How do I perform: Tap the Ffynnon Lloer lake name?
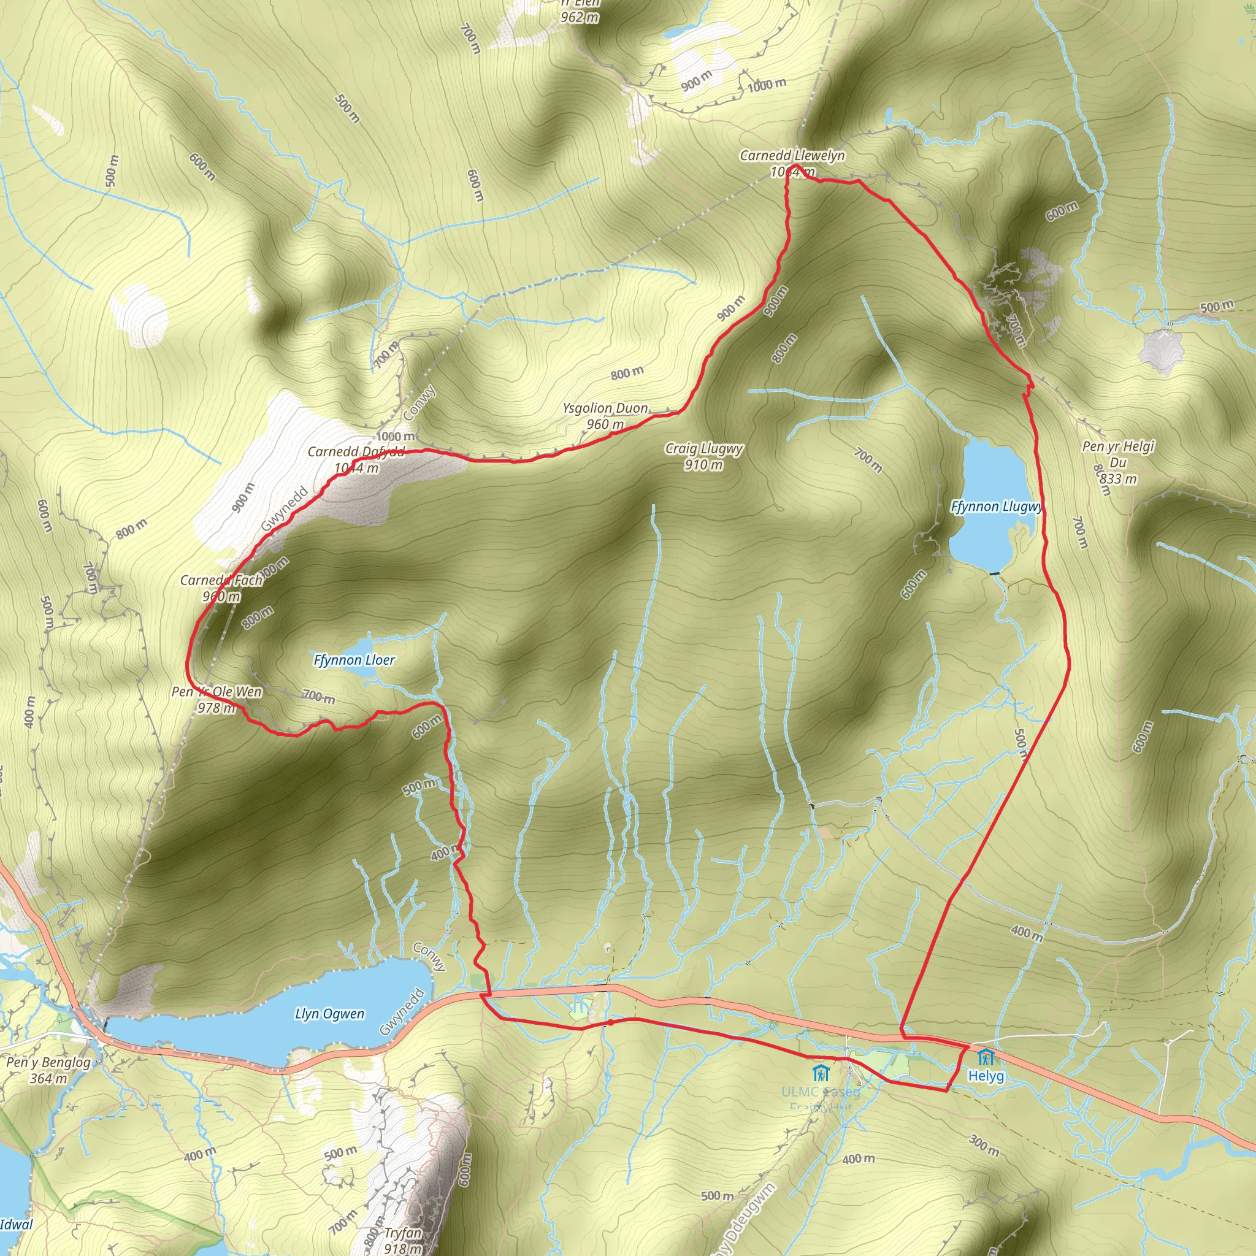pyautogui.click(x=354, y=661)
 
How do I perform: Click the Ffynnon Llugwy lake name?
pyautogui.click(x=996, y=507)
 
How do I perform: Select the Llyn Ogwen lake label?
pyautogui.click(x=329, y=1014)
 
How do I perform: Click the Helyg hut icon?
pyautogui.click(x=986, y=1057)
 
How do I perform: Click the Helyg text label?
pyautogui.click(x=986, y=1076)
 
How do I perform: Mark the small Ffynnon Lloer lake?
pyautogui.click(x=354, y=646)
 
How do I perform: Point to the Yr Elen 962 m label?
pyautogui.click(x=578, y=10)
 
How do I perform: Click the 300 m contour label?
pyautogui.click(x=984, y=1145)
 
